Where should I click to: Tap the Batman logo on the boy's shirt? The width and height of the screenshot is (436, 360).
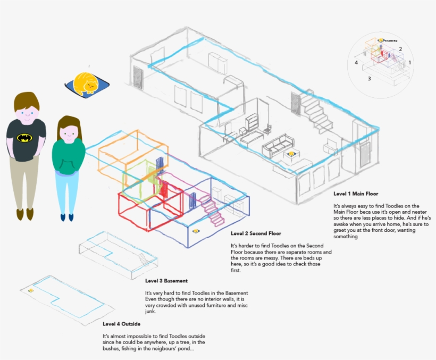[24, 138]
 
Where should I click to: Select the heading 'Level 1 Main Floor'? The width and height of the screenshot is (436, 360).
[356, 194]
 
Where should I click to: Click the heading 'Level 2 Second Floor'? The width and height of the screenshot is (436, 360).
[256, 233]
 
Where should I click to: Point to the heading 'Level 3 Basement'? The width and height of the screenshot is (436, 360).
[166, 281]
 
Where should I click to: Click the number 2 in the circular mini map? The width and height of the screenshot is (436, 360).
[400, 49]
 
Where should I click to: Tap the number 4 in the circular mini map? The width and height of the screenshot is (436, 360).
[356, 62]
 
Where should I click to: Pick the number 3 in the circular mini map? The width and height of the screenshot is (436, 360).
[369, 78]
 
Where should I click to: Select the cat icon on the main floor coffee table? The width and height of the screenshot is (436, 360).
[291, 154]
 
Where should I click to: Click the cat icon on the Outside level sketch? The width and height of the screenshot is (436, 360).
[31, 290]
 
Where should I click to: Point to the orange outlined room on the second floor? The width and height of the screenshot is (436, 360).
[119, 151]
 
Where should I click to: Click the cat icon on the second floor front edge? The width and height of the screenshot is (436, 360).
[196, 231]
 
